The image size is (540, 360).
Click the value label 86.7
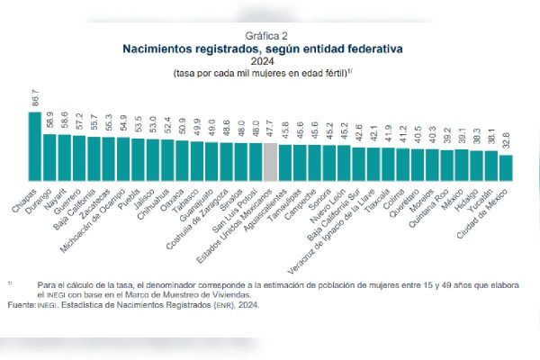35,99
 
